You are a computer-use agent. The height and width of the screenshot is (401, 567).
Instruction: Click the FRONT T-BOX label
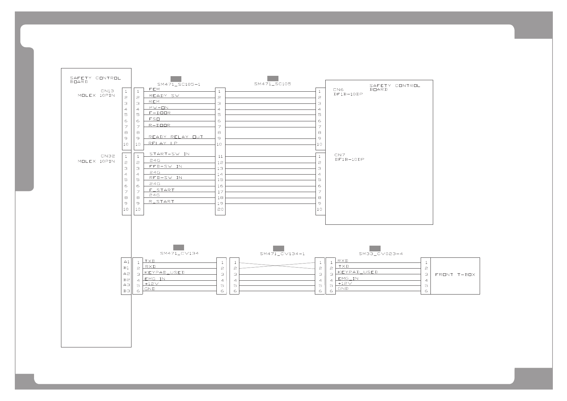click(455, 275)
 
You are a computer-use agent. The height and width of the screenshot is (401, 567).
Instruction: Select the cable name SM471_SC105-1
click(179, 84)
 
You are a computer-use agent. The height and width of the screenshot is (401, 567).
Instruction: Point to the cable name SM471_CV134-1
click(282, 254)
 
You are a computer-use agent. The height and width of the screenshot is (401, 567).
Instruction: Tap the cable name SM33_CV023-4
click(381, 254)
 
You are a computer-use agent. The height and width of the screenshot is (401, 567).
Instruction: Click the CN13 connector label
click(107, 91)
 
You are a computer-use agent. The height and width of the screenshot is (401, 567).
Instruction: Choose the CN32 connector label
click(108, 156)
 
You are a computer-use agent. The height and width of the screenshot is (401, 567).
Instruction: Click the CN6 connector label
click(338, 90)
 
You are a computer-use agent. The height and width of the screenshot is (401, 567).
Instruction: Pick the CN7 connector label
click(339, 155)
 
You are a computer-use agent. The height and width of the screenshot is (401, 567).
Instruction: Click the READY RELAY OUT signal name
click(176, 137)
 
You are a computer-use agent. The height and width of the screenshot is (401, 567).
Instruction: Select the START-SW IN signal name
click(169, 154)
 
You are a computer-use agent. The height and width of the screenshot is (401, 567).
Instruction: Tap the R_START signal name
click(161, 202)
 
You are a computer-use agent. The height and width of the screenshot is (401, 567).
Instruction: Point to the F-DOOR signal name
click(159, 113)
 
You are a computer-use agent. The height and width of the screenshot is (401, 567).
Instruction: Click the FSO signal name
click(154, 119)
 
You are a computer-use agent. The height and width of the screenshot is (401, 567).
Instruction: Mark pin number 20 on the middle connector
click(220, 209)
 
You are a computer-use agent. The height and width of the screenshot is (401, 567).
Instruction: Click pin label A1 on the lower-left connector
click(126, 262)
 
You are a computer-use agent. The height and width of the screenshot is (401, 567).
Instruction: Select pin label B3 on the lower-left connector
click(126, 291)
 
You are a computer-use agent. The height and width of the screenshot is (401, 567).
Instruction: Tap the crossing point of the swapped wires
click(277, 266)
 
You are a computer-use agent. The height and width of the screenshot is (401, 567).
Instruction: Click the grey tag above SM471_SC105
click(272, 79)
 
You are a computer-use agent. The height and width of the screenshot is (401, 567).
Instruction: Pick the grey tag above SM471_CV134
click(178, 247)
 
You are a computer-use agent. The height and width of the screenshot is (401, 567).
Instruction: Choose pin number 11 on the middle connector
click(220, 156)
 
